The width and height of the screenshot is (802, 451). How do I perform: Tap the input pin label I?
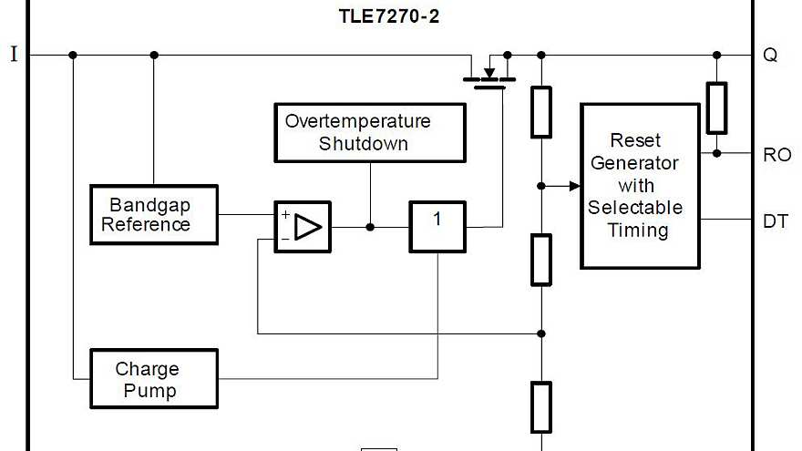pos(14,55)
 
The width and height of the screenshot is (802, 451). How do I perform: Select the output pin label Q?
pos(770,55)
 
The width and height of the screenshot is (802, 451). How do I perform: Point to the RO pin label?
pos(776,155)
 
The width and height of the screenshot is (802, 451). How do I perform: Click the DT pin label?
pos(775,220)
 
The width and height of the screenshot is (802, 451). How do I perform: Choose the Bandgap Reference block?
pos(153,214)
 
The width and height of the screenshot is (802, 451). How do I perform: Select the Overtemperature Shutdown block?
pos(370,132)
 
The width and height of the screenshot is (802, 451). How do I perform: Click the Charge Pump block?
pos(153,379)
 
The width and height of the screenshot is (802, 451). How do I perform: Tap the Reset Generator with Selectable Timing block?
pos(640,186)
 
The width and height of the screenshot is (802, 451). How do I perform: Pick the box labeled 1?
pos(437,226)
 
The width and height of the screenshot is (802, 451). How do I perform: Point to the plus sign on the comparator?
pos(285,215)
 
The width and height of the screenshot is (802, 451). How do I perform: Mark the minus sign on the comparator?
pos(285,239)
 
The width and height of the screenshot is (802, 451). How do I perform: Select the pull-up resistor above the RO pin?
pos(716,108)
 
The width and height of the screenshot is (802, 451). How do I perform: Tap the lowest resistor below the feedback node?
pos(541,406)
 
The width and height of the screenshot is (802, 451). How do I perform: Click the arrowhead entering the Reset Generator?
pos(574,186)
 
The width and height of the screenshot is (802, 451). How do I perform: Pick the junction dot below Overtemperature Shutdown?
pos(370,226)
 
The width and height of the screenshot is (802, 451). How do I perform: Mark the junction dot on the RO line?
pos(716,153)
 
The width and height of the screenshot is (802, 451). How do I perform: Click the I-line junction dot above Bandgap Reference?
pos(153,55)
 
